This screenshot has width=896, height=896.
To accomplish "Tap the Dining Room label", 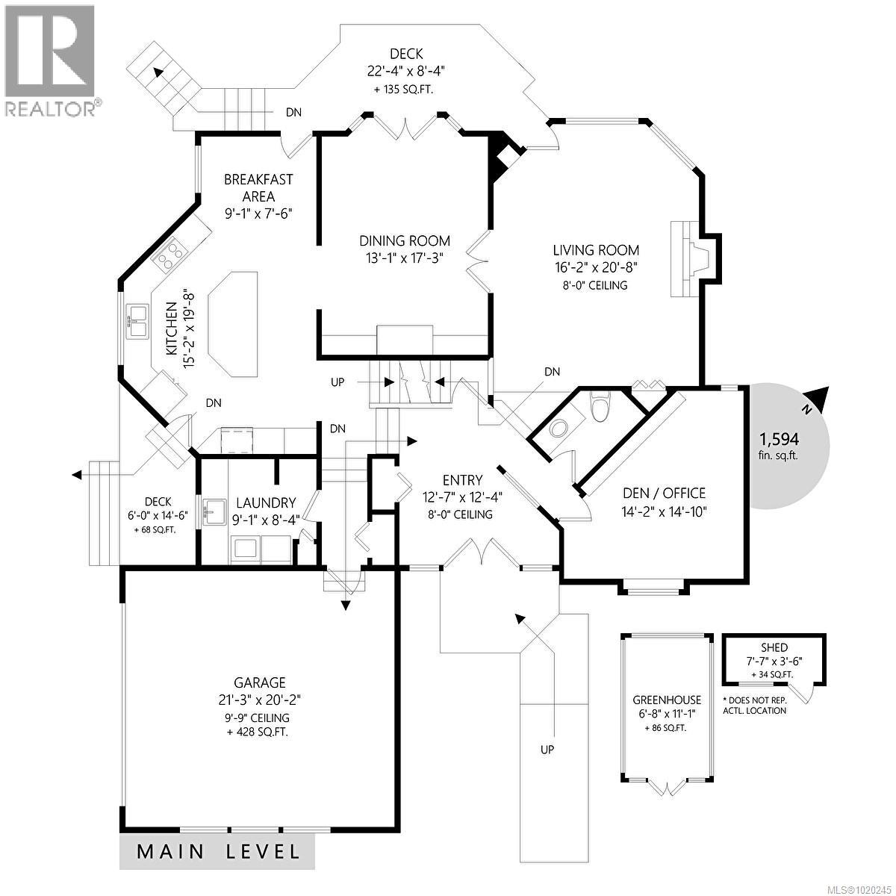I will (x=405, y=240).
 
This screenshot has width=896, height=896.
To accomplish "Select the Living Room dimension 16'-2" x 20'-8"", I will (x=595, y=267).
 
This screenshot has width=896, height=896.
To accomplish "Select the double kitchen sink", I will (x=137, y=320).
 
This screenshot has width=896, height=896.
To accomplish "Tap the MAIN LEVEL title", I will (x=218, y=851).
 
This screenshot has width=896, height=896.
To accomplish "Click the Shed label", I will (x=774, y=647).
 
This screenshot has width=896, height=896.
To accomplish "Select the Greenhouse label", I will (x=667, y=700).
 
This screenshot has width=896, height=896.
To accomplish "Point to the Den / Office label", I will (x=664, y=493).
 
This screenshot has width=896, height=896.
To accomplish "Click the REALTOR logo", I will (x=51, y=60).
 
